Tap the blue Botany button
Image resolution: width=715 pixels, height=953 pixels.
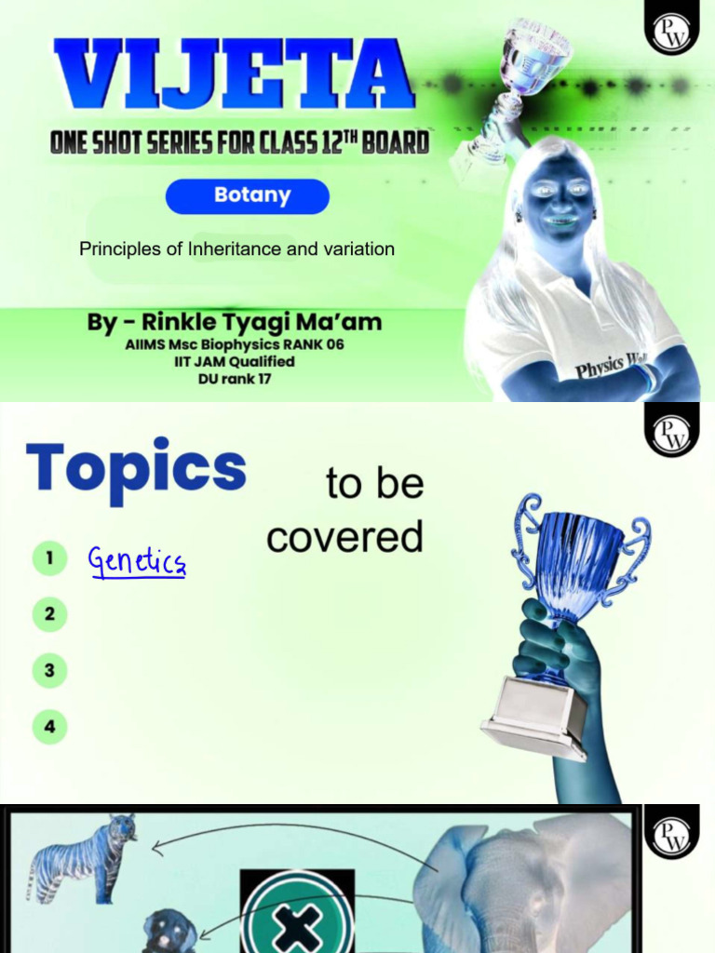point(248,196)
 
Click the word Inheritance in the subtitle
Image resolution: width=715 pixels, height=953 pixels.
point(204,249)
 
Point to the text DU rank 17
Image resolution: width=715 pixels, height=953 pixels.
point(234,379)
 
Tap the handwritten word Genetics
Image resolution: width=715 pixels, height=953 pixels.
point(137,561)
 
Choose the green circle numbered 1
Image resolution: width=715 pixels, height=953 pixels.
point(49,559)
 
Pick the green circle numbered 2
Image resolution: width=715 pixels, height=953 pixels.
point(49,614)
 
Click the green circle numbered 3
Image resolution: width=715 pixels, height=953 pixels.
point(49,670)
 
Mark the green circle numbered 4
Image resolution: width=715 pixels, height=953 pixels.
point(49,726)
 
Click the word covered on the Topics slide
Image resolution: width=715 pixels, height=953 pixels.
point(344,537)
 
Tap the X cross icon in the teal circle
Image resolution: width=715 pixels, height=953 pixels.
point(297,928)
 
